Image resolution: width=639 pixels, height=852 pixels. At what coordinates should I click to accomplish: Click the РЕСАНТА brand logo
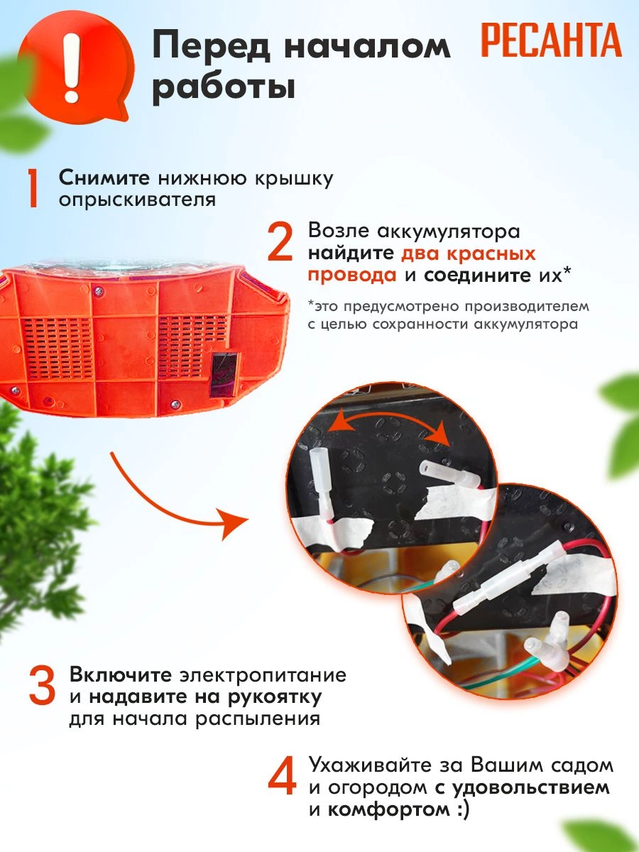tap(551, 40)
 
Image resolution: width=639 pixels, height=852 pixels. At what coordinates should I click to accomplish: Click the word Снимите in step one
tap(104, 178)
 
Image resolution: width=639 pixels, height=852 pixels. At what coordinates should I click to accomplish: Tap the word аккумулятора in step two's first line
tap(449, 231)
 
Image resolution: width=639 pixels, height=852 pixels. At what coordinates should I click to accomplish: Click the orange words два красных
tap(469, 254)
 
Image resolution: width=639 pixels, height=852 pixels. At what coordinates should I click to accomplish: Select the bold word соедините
tap(477, 275)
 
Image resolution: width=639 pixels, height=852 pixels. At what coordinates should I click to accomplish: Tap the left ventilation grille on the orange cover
tap(58, 349)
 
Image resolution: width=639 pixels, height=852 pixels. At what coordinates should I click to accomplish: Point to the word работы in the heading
tap(224, 88)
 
